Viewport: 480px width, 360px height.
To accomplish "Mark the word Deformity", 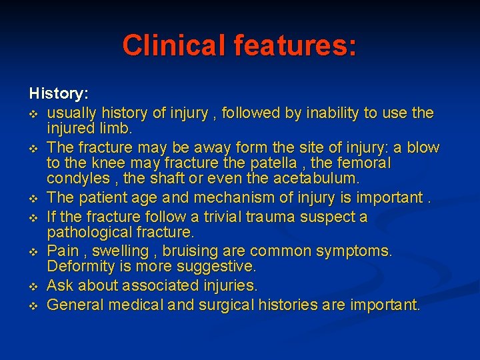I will [77, 266].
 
